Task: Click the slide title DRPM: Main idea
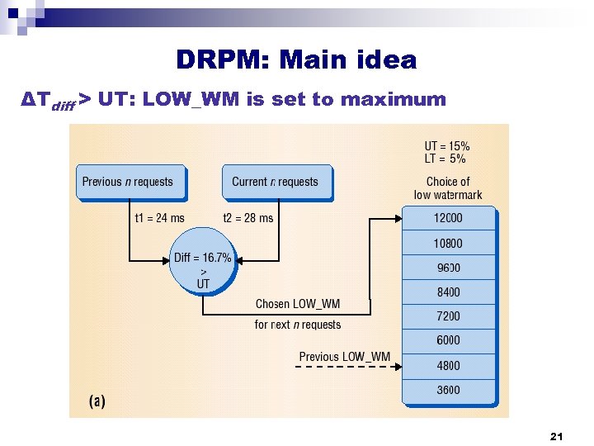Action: coord(296,60)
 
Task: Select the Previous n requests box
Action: coord(130,182)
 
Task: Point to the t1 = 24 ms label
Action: coord(159,218)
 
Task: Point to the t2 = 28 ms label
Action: coord(247,218)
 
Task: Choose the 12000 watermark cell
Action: coord(448,219)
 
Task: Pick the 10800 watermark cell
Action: coord(448,244)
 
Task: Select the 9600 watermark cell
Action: coord(448,268)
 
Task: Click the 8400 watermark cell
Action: coord(448,292)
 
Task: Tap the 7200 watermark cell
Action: coord(448,316)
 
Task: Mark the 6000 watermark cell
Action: coord(448,340)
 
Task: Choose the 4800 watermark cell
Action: coord(448,365)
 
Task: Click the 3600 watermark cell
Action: coord(448,390)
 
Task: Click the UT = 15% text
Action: coord(447,145)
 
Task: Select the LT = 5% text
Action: coord(445,159)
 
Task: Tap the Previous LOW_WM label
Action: coord(345,357)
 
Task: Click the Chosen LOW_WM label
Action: coord(298,305)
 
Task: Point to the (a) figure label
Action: coord(97,401)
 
